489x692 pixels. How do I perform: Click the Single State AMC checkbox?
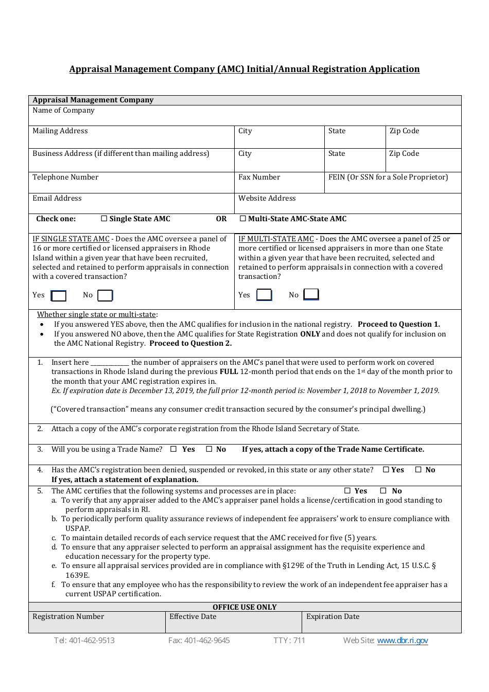104,219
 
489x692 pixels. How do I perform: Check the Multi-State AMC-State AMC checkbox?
243,219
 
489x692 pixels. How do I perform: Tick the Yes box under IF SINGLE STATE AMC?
59,295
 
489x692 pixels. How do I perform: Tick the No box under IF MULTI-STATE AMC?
311,294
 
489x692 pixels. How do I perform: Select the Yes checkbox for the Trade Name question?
173,449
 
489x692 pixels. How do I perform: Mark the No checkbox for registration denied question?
418,470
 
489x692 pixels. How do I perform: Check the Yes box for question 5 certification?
347,491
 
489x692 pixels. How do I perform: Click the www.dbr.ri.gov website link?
403,641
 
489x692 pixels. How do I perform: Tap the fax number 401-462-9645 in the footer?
199,641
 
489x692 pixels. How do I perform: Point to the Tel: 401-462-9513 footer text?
84,641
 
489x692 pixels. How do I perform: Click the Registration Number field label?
68,616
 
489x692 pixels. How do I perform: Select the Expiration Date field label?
333,616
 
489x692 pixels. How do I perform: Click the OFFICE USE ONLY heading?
244,607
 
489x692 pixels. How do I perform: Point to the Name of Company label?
63,110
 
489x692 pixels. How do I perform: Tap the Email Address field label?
57,198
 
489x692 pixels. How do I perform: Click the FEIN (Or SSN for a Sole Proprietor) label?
388,177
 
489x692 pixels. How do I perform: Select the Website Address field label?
267,198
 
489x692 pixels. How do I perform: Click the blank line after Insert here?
110,363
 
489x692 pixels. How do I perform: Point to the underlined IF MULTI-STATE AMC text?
276,239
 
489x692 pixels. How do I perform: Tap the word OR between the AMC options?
221,219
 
